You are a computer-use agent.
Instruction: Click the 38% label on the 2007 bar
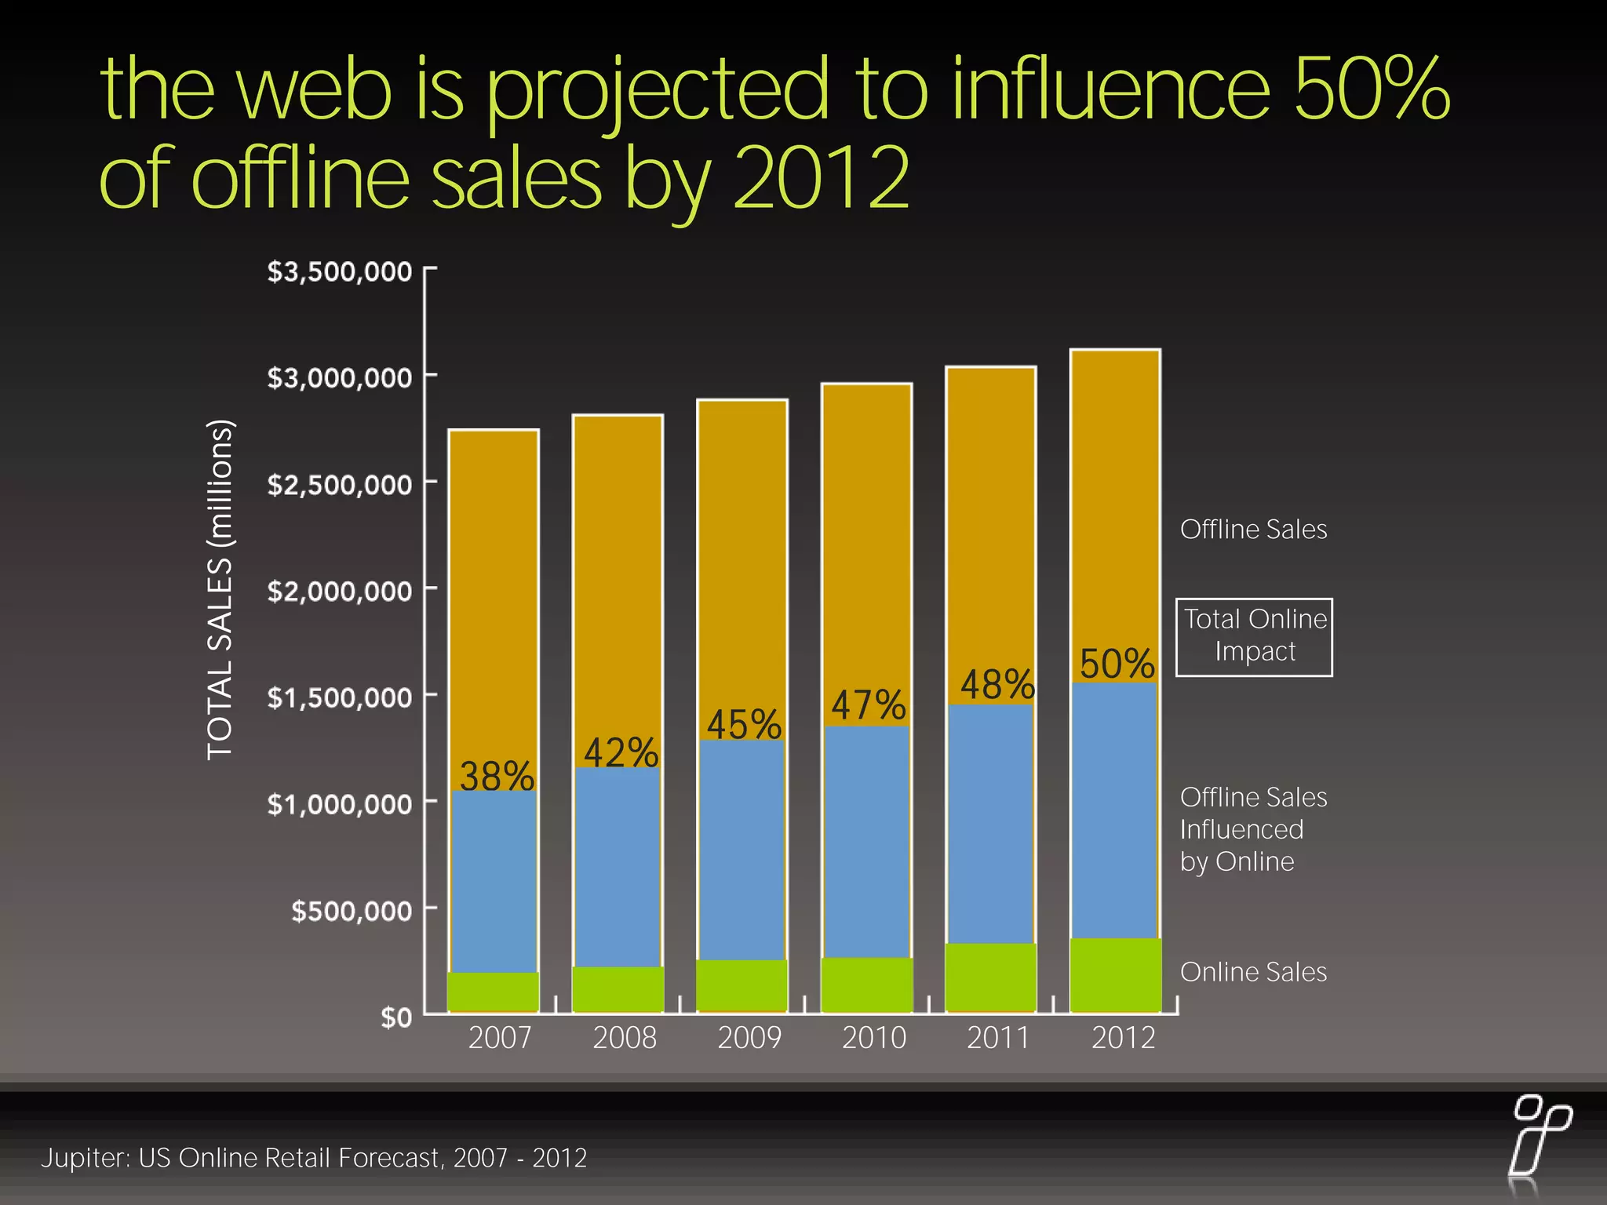(497, 776)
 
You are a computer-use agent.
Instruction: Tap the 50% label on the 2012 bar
(1117, 664)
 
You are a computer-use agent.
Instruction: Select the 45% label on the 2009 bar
(744, 723)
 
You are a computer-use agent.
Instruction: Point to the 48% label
(997, 684)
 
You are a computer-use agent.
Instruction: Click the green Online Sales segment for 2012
(1115, 974)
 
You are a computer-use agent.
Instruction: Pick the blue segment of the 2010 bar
(866, 841)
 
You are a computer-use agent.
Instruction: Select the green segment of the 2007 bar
(493, 992)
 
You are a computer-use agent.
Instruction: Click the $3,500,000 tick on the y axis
(339, 271)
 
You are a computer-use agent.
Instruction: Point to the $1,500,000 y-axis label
(339, 697)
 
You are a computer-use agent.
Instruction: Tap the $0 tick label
(396, 1018)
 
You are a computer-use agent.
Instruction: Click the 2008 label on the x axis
(625, 1038)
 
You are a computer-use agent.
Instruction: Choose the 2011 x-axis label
(997, 1038)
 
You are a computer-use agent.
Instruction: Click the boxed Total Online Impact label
(1254, 636)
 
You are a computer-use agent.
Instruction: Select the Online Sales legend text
(1253, 972)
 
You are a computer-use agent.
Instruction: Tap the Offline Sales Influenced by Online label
(1252, 829)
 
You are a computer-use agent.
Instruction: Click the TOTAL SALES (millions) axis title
(220, 590)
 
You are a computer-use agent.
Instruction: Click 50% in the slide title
(1371, 88)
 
